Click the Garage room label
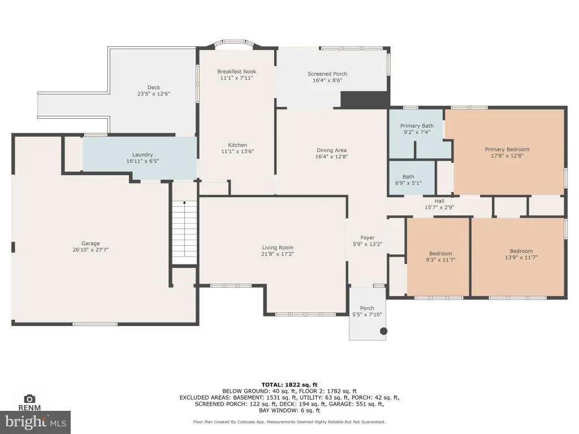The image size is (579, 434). click(x=90, y=243)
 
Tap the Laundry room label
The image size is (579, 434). click(x=142, y=155)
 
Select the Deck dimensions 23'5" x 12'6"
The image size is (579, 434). click(x=154, y=94)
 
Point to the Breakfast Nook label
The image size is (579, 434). click(x=237, y=72)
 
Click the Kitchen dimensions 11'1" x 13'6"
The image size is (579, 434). click(x=237, y=151)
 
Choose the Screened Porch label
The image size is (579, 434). click(x=327, y=74)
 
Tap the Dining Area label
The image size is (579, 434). click(x=331, y=150)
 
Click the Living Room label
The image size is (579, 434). click(x=278, y=248)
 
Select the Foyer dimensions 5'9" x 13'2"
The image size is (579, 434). click(x=368, y=244)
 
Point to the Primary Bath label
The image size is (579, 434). click(x=417, y=126)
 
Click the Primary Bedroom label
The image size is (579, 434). click(x=507, y=149)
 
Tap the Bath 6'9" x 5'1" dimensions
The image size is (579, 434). click(x=408, y=183)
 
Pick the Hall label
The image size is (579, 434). click(x=439, y=201)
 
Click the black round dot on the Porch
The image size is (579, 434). click(x=384, y=331)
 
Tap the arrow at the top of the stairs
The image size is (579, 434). click(x=184, y=202)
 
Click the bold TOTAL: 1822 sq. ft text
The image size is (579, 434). click(x=289, y=384)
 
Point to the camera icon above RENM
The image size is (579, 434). click(x=29, y=399)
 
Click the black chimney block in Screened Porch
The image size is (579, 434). click(x=365, y=99)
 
